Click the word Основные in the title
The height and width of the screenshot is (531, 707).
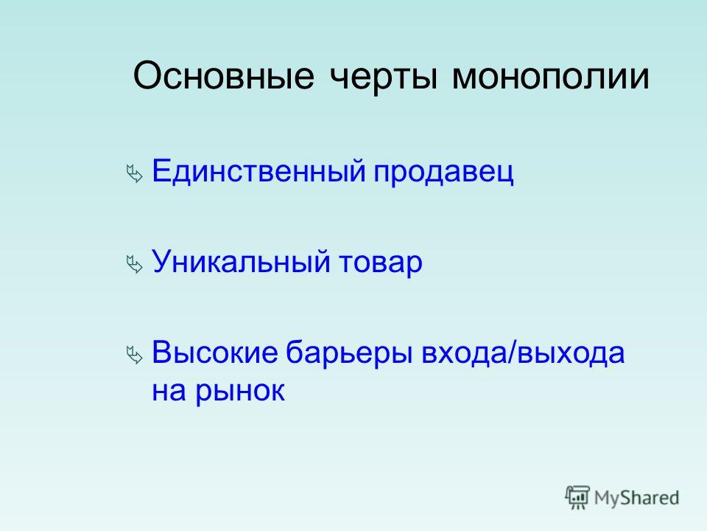pos(224,75)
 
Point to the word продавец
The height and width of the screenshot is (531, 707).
pos(443,173)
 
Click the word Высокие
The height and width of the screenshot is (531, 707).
pos(214,353)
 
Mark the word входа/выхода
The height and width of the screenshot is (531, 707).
pos(523,354)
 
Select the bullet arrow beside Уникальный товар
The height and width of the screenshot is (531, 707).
pos(134,265)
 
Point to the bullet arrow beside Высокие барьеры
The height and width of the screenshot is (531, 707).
pos(134,355)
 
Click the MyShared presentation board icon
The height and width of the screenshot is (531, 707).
pos(577,498)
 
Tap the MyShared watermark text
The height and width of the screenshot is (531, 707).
pos(636,499)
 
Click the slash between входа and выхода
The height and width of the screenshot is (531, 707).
pos(511,353)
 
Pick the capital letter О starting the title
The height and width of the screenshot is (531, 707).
pos(147,75)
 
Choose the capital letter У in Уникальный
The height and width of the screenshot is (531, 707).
pos(162,261)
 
